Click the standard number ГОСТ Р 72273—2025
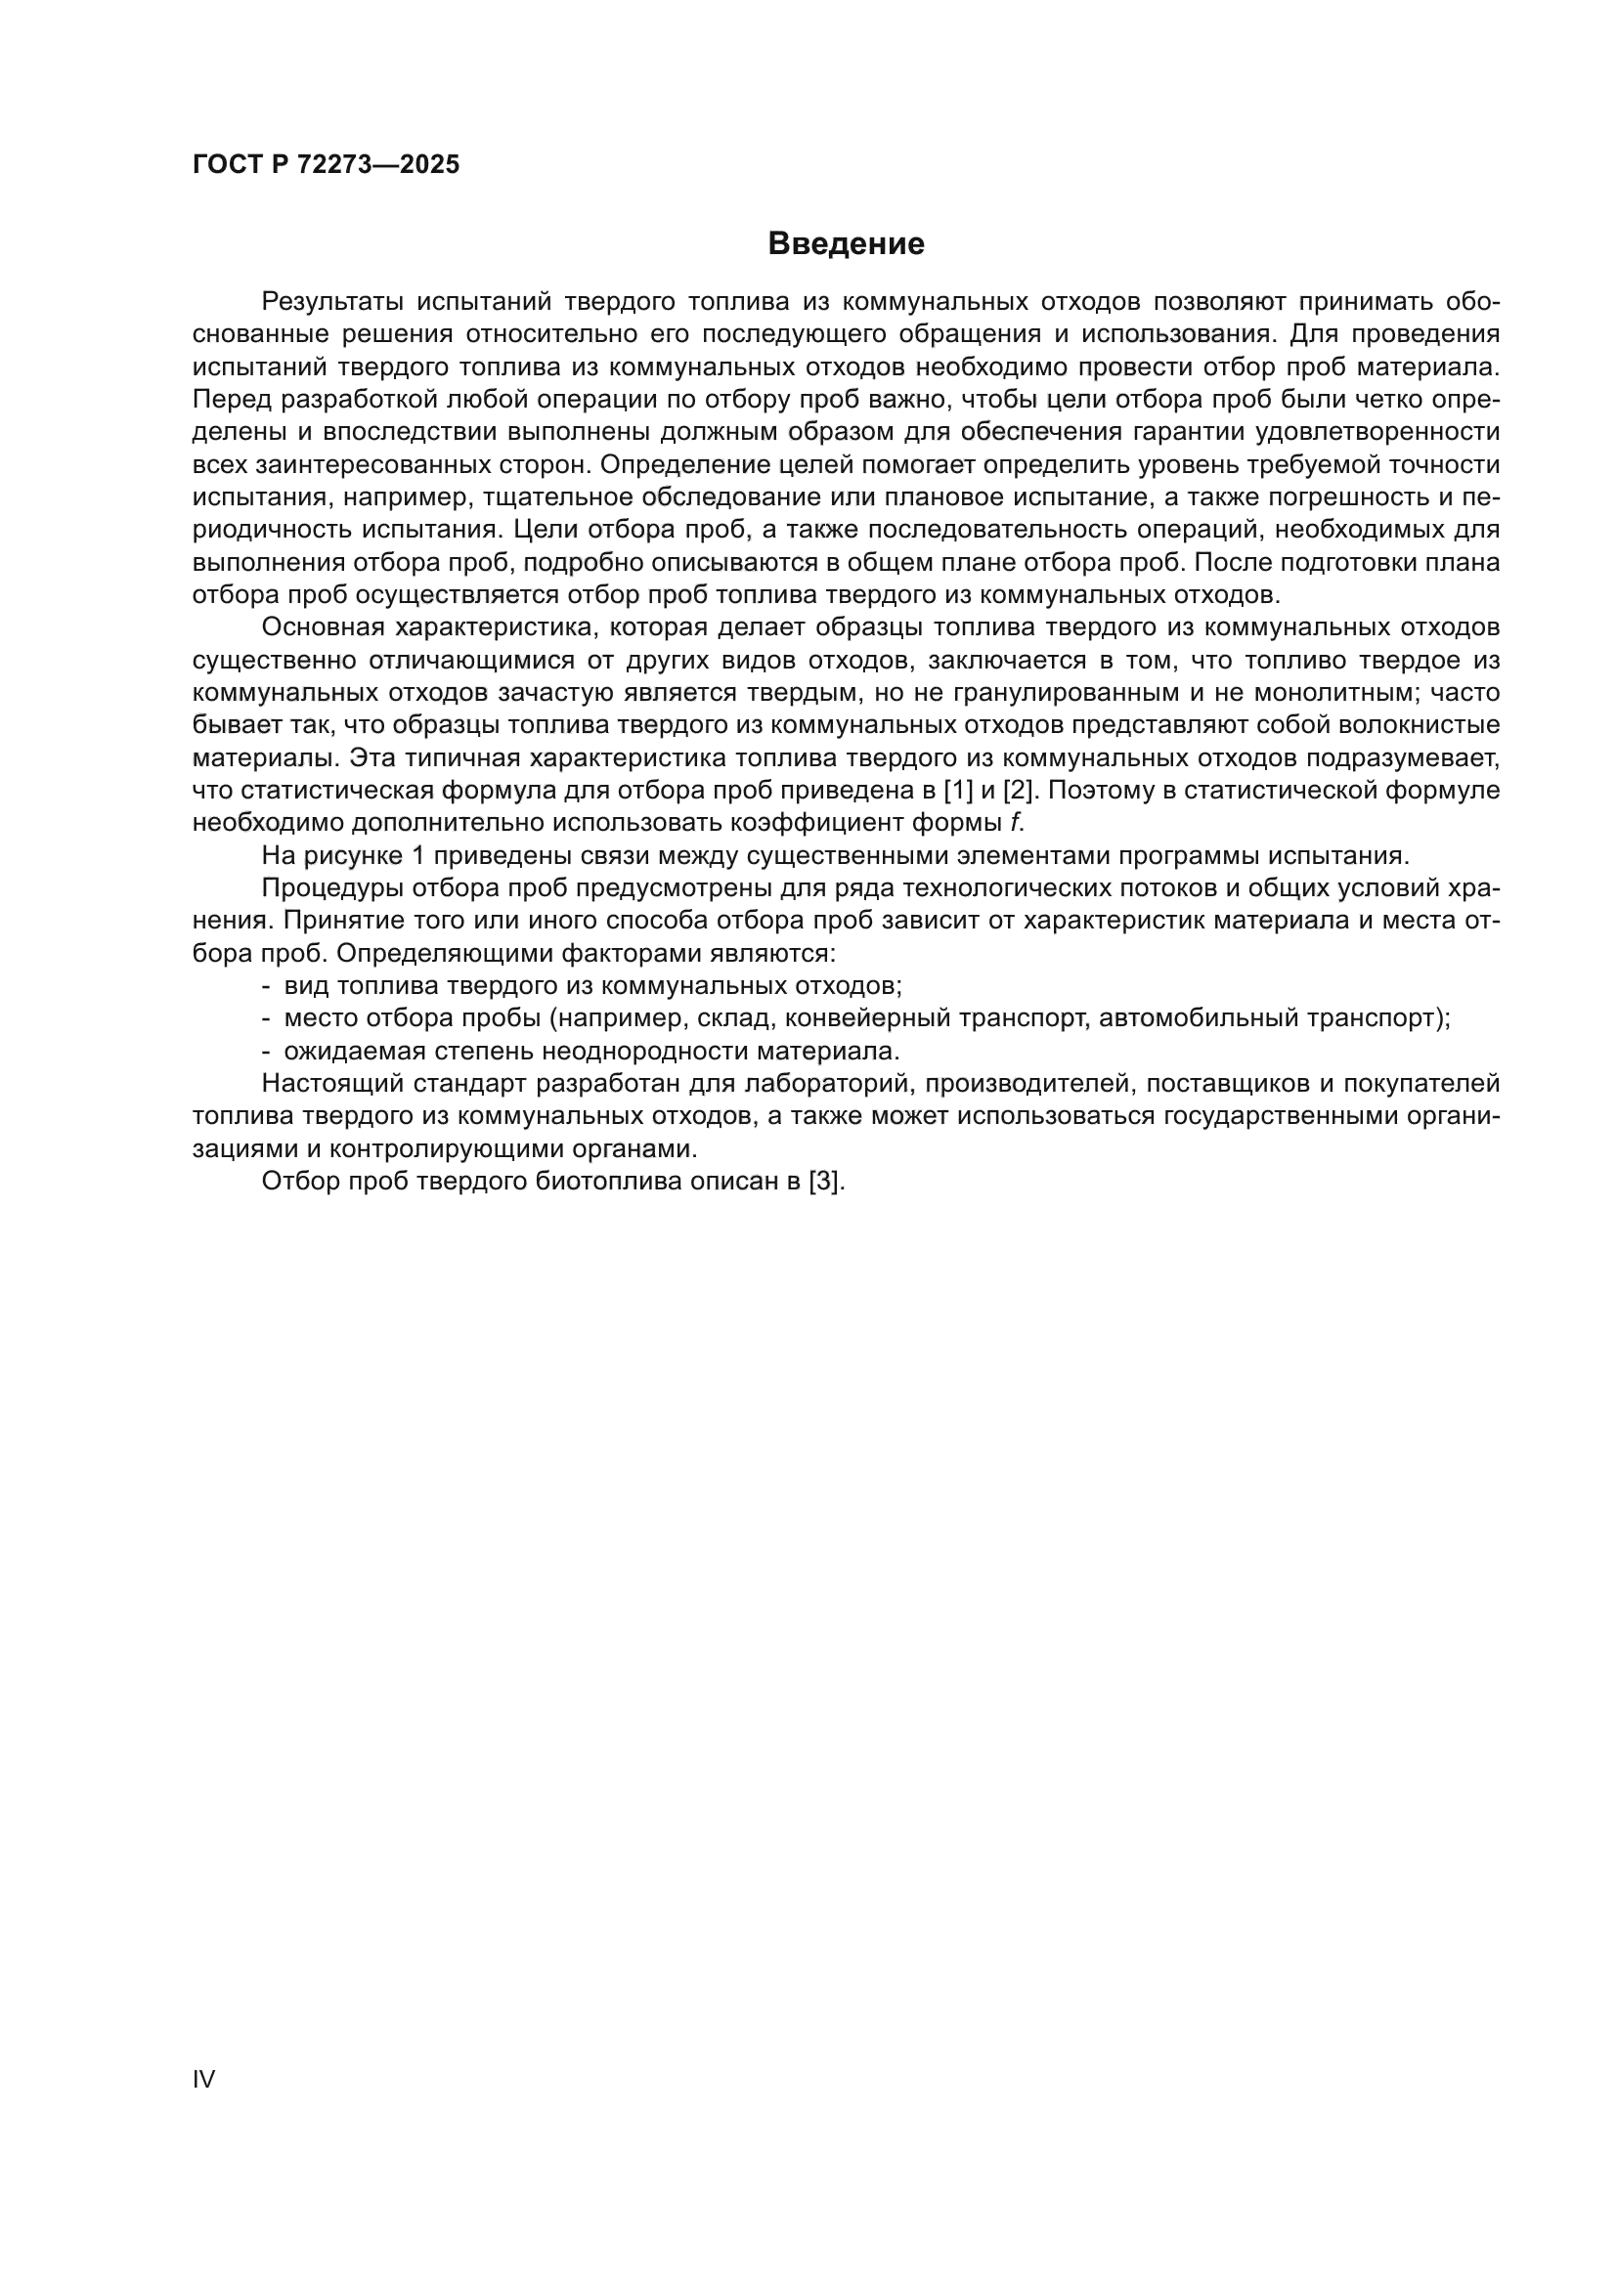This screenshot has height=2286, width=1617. pyautogui.click(x=326, y=165)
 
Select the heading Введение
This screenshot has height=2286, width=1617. pyautogui.click(x=847, y=244)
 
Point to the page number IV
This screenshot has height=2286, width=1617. pyautogui.click(x=203, y=2080)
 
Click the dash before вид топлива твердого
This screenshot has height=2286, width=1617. pyautogui.click(x=266, y=987)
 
